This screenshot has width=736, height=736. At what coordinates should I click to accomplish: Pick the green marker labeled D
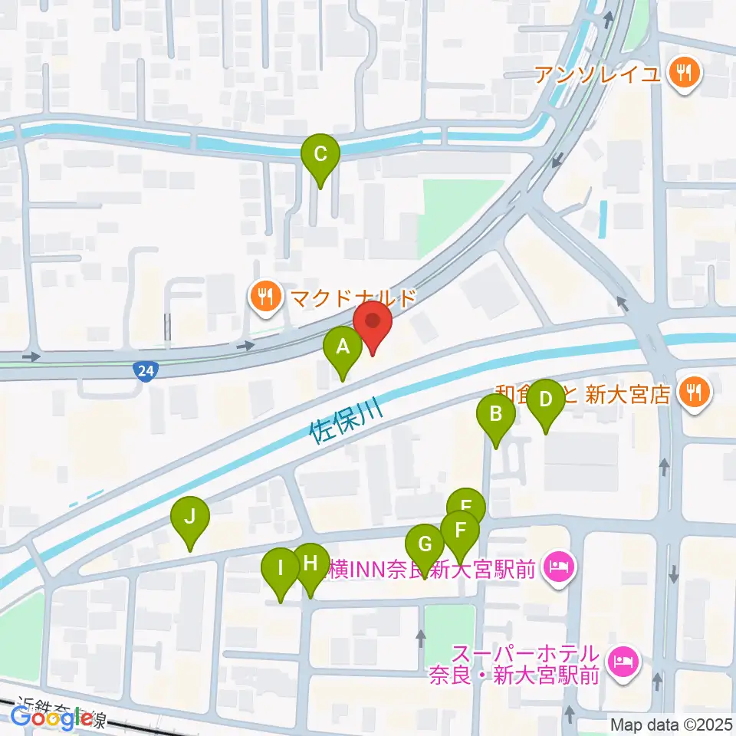(546, 399)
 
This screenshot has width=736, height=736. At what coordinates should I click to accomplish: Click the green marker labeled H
(310, 564)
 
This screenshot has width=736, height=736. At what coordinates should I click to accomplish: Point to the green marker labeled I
(281, 569)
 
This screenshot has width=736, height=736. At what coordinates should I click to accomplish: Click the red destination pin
(373, 323)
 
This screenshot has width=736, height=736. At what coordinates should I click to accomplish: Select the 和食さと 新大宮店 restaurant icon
(695, 393)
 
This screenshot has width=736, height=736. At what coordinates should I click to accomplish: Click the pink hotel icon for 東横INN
(557, 568)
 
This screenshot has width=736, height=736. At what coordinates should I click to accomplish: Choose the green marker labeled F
(460, 531)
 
